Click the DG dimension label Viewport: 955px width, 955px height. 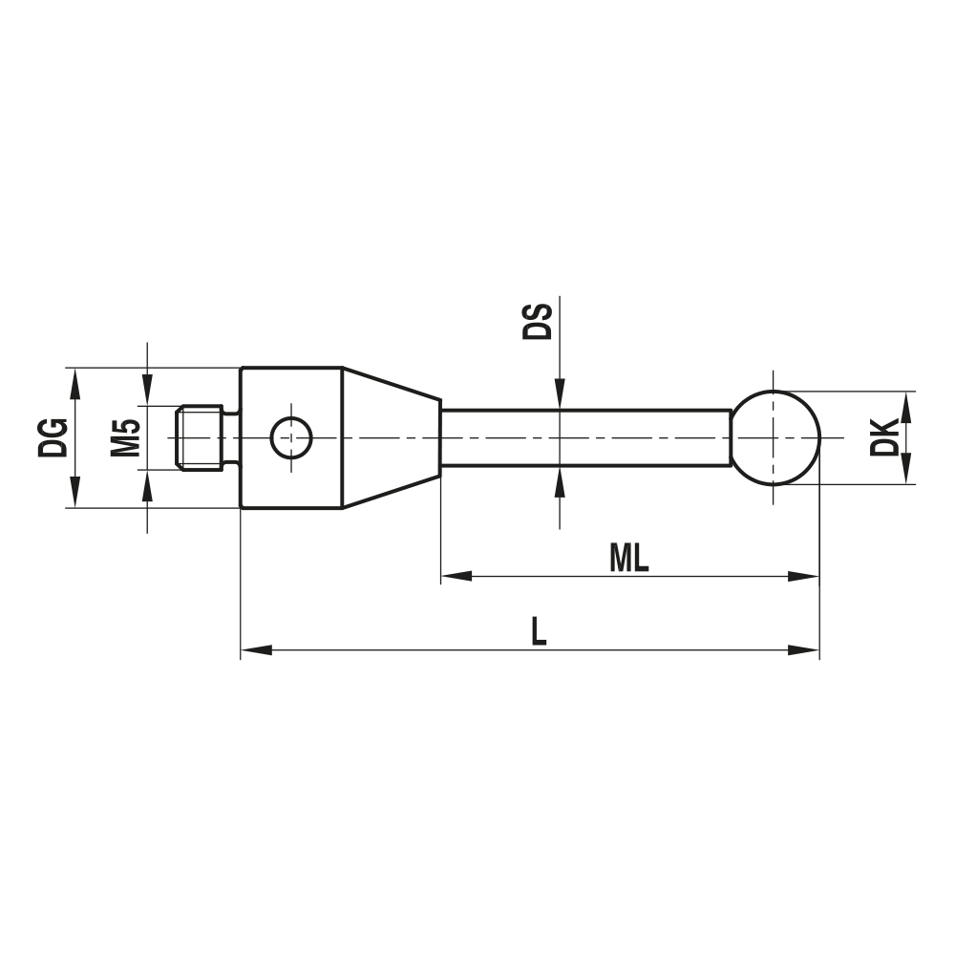click(53, 437)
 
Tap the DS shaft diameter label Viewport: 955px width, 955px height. click(538, 322)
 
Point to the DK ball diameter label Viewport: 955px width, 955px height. click(885, 437)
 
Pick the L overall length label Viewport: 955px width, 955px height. click(539, 632)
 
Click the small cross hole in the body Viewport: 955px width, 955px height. click(290, 437)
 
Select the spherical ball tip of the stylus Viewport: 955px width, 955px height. click(775, 437)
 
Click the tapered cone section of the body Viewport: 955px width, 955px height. click(390, 437)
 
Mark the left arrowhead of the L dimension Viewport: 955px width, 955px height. click(256, 650)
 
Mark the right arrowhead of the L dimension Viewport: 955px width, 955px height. click(804, 650)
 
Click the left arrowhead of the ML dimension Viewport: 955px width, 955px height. click(456, 577)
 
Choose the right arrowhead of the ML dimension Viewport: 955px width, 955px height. click(804, 577)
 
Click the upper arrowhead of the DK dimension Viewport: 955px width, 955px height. click(905, 405)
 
